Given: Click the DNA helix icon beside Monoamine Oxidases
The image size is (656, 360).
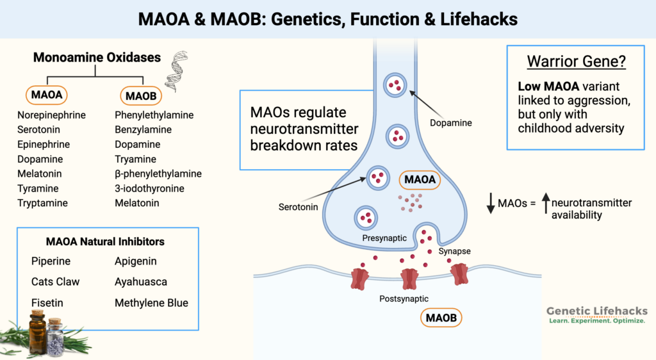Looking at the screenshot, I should coord(176,72).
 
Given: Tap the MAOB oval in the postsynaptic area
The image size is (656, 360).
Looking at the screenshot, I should coord(441,317).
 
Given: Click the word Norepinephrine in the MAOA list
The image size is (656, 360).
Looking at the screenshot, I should coord(52,115).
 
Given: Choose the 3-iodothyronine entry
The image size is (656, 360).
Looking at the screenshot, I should coord(149,188).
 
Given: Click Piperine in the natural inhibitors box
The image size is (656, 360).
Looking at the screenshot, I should coord(51,261).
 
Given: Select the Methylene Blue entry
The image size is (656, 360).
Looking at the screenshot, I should coord(151,302).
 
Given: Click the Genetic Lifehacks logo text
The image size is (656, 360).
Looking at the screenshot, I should coord(596,311).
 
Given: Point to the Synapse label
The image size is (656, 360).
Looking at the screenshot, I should coord(455,251).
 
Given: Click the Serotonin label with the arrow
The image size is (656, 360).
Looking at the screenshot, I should coord(298,208).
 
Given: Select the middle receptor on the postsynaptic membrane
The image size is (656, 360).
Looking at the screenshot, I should coord(409,279).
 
